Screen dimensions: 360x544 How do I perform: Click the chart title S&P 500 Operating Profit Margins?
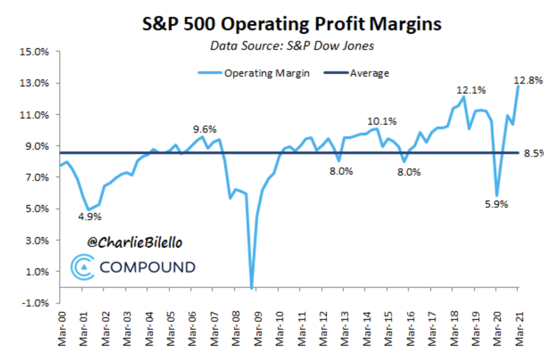[x=292, y=24]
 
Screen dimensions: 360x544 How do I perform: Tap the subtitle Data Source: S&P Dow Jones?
[x=292, y=46]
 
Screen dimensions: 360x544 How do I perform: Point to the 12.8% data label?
[x=528, y=81]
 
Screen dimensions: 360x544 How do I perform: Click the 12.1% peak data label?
[x=471, y=90]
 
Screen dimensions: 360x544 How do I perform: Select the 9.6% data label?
[x=204, y=130]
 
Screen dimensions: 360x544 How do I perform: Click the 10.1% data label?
[x=382, y=121]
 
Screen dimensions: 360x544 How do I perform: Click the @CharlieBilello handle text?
[x=135, y=243]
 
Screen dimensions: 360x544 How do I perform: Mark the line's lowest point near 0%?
[x=251, y=288]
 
